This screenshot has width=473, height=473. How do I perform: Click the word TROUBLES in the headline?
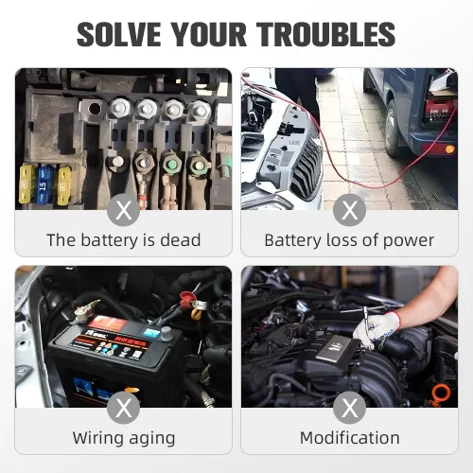click(325, 34)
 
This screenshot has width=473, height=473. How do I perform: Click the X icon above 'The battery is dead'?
click(123, 210)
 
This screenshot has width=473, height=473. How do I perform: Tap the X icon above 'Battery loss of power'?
click(349, 210)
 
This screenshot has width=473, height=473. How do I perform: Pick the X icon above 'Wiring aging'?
click(123, 408)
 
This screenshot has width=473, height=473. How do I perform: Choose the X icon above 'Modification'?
click(349, 408)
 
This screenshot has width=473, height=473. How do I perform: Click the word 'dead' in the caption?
click(181, 240)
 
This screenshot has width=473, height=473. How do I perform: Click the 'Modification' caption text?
click(350, 438)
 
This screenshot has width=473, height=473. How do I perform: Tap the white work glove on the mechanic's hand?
click(377, 329)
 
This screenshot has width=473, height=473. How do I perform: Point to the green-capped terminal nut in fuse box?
click(172, 164)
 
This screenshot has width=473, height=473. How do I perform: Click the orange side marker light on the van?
click(450, 149)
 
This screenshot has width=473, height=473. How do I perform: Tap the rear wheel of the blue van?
click(392, 129)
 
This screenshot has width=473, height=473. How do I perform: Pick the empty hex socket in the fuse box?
click(94, 109)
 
